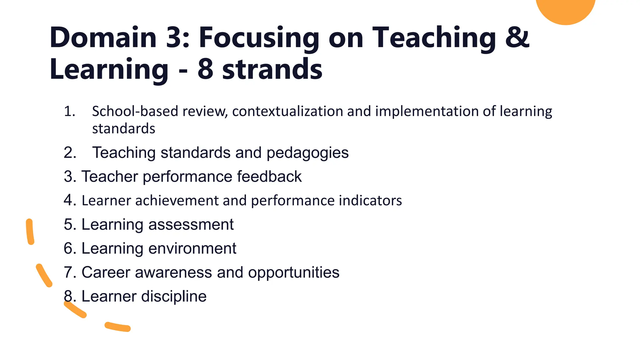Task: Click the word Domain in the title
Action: click(x=103, y=37)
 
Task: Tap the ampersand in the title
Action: click(x=517, y=37)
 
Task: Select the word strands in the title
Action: click(x=272, y=69)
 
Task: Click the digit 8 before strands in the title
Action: click(x=205, y=69)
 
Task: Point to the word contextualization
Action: click(x=287, y=112)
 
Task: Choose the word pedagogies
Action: click(x=307, y=153)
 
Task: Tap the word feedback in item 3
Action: click(x=269, y=177)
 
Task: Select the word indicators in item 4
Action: click(x=370, y=201)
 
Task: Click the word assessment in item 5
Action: click(x=191, y=225)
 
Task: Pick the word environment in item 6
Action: click(x=192, y=249)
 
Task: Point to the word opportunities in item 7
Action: click(x=293, y=272)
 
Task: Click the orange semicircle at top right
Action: click(x=566, y=9)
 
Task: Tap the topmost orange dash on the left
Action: click(x=30, y=232)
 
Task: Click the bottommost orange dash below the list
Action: click(x=117, y=327)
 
